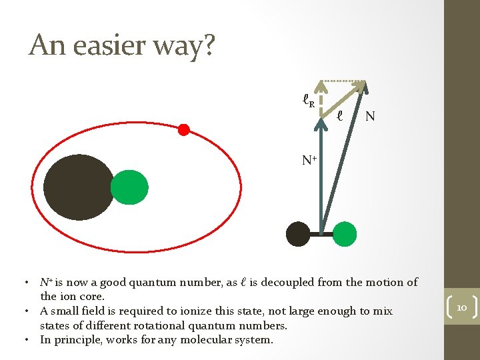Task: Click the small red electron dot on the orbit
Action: pos(184,129)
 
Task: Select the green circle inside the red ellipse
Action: pos(129,187)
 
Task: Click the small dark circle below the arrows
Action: pos(297,234)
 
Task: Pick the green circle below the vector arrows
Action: pos(345,234)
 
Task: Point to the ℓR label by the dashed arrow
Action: pos(307,102)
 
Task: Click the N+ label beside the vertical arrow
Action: pos(309,160)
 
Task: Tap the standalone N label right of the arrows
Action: pos(370,117)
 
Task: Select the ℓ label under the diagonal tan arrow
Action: pos(339,115)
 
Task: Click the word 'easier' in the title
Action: pos(111,45)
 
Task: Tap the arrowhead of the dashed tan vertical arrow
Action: pos(321,85)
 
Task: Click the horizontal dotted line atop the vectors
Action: pos(343,80)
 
